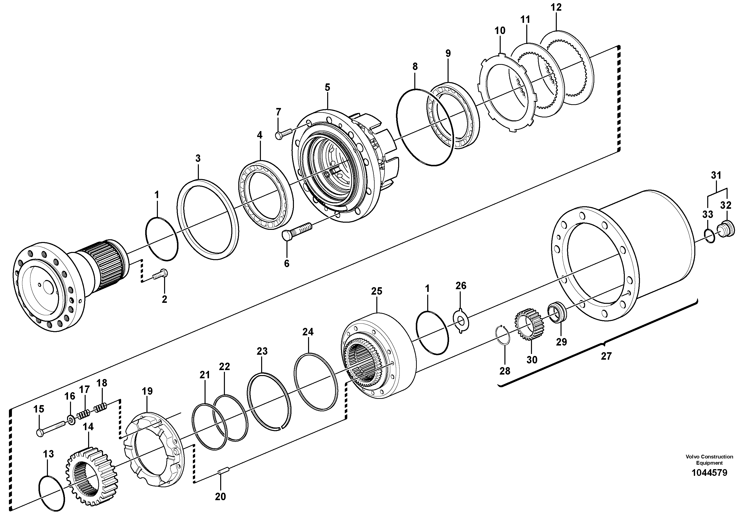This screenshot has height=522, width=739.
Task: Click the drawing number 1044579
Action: click(x=709, y=473)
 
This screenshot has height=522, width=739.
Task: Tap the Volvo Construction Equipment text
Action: click(x=709, y=459)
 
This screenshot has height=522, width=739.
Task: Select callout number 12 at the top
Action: click(x=556, y=7)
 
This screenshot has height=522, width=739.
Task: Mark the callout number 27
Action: click(x=606, y=356)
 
